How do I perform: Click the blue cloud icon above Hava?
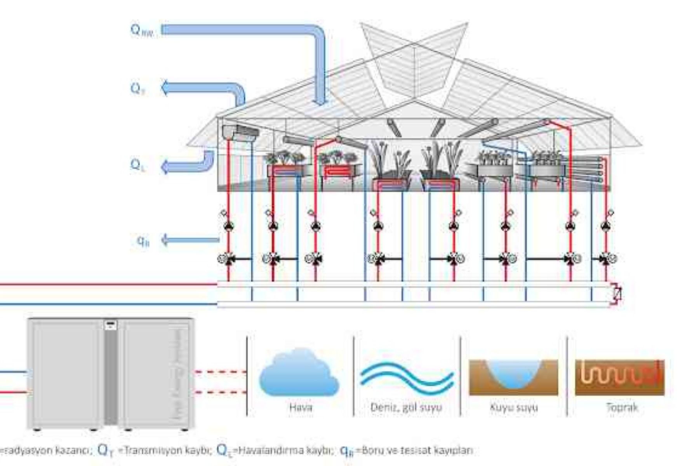point(299,373)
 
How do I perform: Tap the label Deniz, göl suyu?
point(406,407)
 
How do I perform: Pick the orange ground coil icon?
point(620,377)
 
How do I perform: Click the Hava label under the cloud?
point(301,407)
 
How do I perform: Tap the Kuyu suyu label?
point(514,407)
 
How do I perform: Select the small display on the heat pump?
point(111,325)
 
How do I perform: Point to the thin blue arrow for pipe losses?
point(190,240)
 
